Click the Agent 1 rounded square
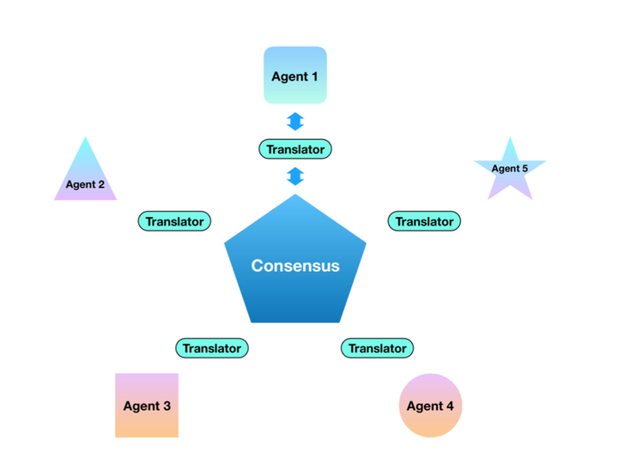tap(294, 75)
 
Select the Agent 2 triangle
tap(85, 178)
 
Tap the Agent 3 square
tap(147, 406)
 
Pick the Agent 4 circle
tap(430, 406)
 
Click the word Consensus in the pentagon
tap(295, 266)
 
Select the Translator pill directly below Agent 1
tap(295, 149)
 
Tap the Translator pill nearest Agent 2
tap(174, 221)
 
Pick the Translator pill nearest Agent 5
tap(424, 221)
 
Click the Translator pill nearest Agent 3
tap(212, 348)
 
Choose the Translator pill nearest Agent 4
tap(378, 348)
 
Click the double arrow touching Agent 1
tap(295, 121)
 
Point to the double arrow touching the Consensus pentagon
tap(295, 177)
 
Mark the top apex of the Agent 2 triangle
tap(85, 139)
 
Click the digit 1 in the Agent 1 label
tap(314, 77)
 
